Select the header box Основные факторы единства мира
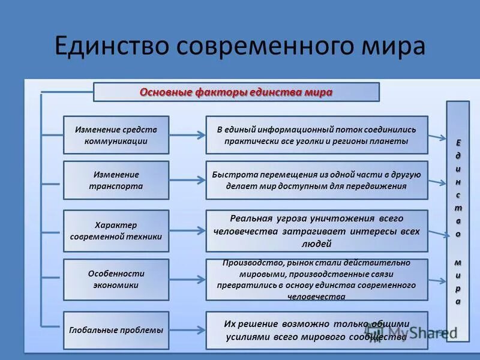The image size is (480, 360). click(236, 92)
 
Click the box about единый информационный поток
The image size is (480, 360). click(317, 135)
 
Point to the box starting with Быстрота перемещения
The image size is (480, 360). click(317, 180)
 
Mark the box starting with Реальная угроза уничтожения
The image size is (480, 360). click(317, 230)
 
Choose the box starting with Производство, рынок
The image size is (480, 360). click(317, 280)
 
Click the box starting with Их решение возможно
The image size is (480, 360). click(317, 330)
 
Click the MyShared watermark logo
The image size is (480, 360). click(408, 331)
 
